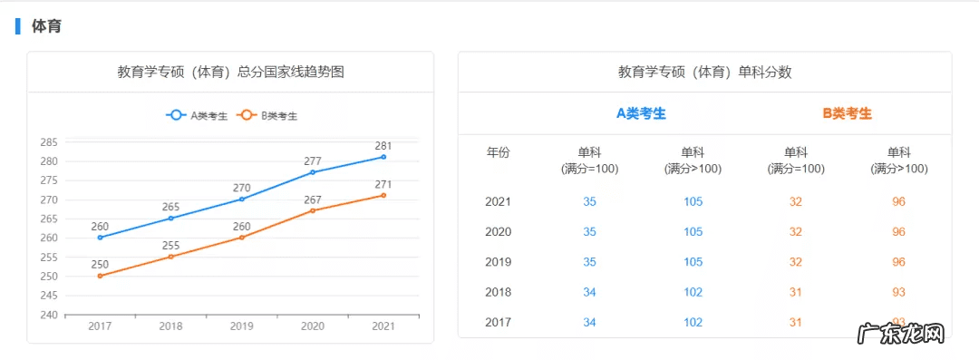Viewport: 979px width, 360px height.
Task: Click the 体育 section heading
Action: [46, 26]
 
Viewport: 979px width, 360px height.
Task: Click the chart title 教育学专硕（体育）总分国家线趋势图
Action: [230, 72]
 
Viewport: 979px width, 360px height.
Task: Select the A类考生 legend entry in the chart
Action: [197, 115]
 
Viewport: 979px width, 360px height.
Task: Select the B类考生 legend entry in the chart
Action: [267, 115]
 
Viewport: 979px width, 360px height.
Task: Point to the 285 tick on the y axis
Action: [49, 142]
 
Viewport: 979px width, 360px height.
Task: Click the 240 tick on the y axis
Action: [49, 315]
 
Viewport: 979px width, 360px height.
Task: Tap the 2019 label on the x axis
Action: [241, 326]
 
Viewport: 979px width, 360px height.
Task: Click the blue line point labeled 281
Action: [383, 157]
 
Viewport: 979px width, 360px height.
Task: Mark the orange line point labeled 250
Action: [100, 276]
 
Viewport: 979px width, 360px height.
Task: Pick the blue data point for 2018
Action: [170, 219]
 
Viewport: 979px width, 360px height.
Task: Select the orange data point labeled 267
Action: [313, 210]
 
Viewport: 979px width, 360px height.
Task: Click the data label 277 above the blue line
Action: [313, 161]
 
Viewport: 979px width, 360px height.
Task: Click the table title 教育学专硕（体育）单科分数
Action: [704, 72]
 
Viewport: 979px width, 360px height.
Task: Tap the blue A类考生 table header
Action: [641, 113]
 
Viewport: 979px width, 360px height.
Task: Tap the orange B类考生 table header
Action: [847, 113]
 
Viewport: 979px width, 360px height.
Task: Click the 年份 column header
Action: [499, 152]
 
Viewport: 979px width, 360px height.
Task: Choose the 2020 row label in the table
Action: [499, 231]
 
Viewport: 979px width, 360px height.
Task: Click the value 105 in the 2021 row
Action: [693, 201]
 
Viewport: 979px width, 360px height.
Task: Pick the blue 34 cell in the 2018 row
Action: [590, 292]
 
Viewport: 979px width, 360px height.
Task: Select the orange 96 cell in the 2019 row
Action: [898, 261]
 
